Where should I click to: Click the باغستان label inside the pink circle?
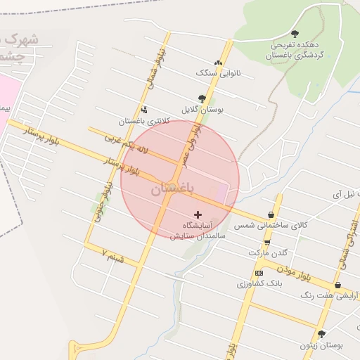pos(171,189)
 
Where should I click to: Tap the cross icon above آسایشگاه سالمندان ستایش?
pos(198,214)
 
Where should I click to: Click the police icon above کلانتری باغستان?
pos(144,109)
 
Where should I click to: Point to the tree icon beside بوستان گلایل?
pos(202,98)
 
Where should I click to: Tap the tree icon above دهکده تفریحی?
pos(294,33)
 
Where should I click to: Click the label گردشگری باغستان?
pos(294,54)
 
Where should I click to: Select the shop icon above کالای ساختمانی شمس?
pos(271,214)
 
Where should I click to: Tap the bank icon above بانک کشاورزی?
pos(259,273)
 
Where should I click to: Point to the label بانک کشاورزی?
pos(259,284)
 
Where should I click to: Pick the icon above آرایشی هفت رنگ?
pos(339,285)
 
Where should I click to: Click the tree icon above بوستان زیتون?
pos(321,335)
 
